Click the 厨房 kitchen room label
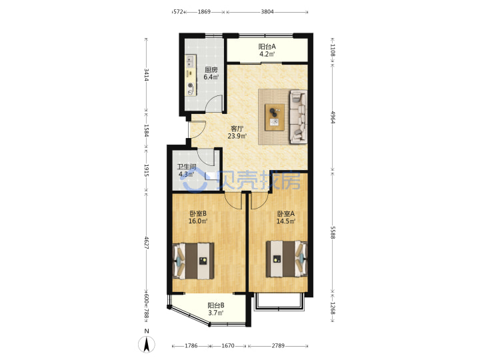click(x=211, y=70)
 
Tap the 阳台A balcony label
click(x=267, y=47)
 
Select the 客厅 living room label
click(x=237, y=129)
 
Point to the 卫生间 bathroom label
click(x=187, y=167)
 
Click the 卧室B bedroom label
click(x=198, y=213)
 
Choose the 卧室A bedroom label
click(x=285, y=214)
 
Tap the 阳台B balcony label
click(x=216, y=305)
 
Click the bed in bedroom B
click(x=193, y=261)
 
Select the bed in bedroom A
click(x=287, y=259)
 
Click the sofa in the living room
click(x=299, y=117)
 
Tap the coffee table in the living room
click(x=275, y=117)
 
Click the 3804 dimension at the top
click(x=267, y=12)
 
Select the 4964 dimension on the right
click(x=333, y=117)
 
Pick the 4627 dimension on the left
click(x=147, y=243)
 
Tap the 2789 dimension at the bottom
click(x=278, y=346)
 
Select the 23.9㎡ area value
click(x=237, y=136)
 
